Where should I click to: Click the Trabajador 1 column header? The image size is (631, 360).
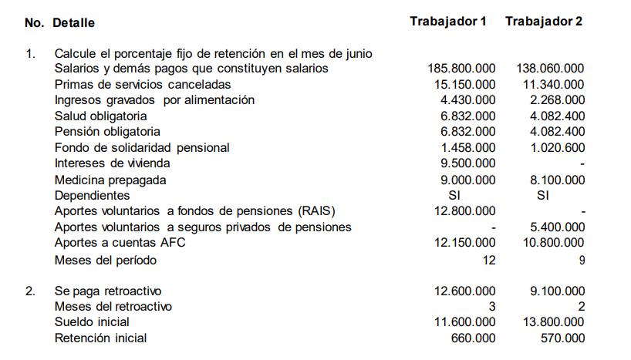[x=448, y=22]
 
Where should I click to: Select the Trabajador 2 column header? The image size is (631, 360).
[x=544, y=22]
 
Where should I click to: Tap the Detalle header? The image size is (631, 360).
[x=74, y=23]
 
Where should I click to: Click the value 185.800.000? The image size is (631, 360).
[x=461, y=69]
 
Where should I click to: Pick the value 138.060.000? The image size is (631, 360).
[x=550, y=69]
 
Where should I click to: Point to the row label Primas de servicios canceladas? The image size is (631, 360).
[x=142, y=84]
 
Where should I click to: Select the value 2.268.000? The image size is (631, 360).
[x=557, y=100]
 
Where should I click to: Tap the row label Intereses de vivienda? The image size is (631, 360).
[x=112, y=163]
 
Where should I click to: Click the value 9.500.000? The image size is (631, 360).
[x=468, y=163]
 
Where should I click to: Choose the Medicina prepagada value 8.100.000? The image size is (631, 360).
[x=557, y=180]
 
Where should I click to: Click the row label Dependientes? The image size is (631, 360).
[x=92, y=196]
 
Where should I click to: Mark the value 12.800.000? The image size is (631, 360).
[x=465, y=211]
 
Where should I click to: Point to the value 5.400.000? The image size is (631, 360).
[x=557, y=227]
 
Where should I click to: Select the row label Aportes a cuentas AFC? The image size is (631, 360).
[x=120, y=243]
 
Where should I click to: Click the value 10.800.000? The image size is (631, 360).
[x=554, y=243]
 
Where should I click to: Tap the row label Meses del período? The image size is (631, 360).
[x=105, y=261]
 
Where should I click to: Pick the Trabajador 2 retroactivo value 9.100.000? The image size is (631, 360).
[x=557, y=291]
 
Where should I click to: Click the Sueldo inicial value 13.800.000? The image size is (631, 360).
[x=554, y=321]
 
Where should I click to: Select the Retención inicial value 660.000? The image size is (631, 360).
[x=474, y=338]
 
